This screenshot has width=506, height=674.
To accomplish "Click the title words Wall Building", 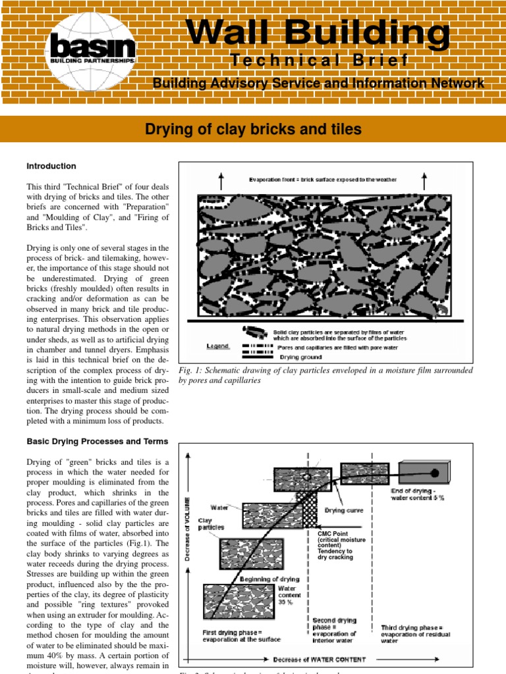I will coord(318,31).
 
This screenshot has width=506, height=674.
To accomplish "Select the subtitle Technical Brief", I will coord(319,61).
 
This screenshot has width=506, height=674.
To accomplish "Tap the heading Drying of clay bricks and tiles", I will coord(253,129).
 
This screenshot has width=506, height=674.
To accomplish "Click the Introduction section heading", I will coord(51,166).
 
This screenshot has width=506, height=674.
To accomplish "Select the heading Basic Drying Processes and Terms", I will coord(97,441).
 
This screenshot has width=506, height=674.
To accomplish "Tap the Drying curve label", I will coord(341,510).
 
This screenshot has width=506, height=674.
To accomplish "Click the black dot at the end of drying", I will coord(435,473).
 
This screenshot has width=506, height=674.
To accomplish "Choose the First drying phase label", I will coord(242,635).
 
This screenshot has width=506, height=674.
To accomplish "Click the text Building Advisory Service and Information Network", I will coord(318,84).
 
